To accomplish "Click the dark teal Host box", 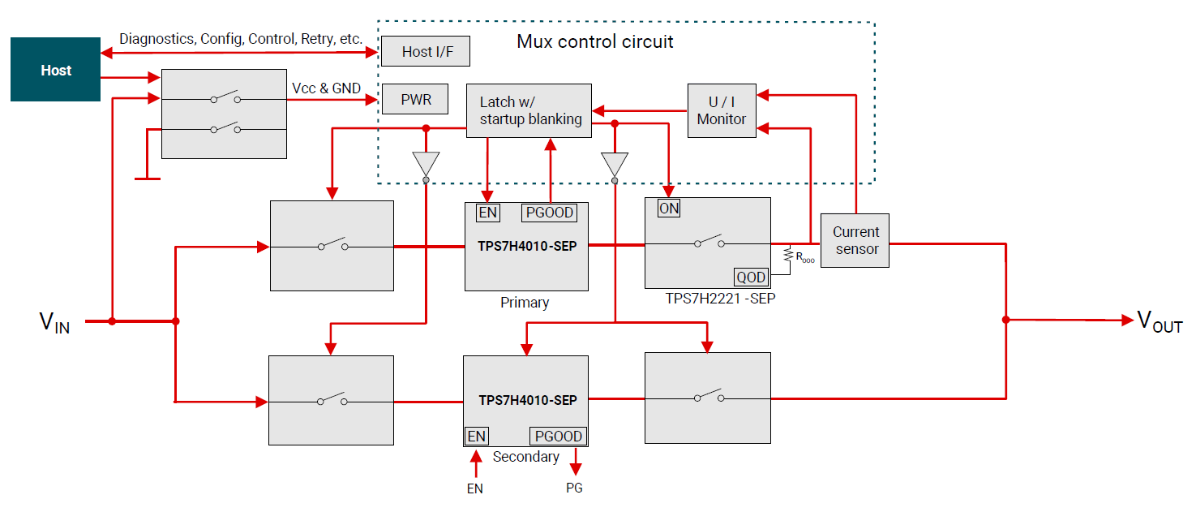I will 55,71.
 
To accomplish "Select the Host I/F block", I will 427,52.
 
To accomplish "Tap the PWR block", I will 416,101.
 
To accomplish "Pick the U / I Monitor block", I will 721,110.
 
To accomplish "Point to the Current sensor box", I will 855,240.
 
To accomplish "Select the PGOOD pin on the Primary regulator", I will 549,213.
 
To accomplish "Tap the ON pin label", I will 669,209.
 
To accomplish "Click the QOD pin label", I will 751,278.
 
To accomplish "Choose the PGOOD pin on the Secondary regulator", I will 557,437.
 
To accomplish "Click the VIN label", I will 54,323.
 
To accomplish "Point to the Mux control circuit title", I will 594,41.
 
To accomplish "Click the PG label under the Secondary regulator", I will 574,488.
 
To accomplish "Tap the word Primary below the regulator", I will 525,303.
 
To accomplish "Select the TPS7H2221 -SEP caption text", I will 709,299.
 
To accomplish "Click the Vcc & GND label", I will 326,88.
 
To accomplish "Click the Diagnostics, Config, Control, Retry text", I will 240,39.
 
